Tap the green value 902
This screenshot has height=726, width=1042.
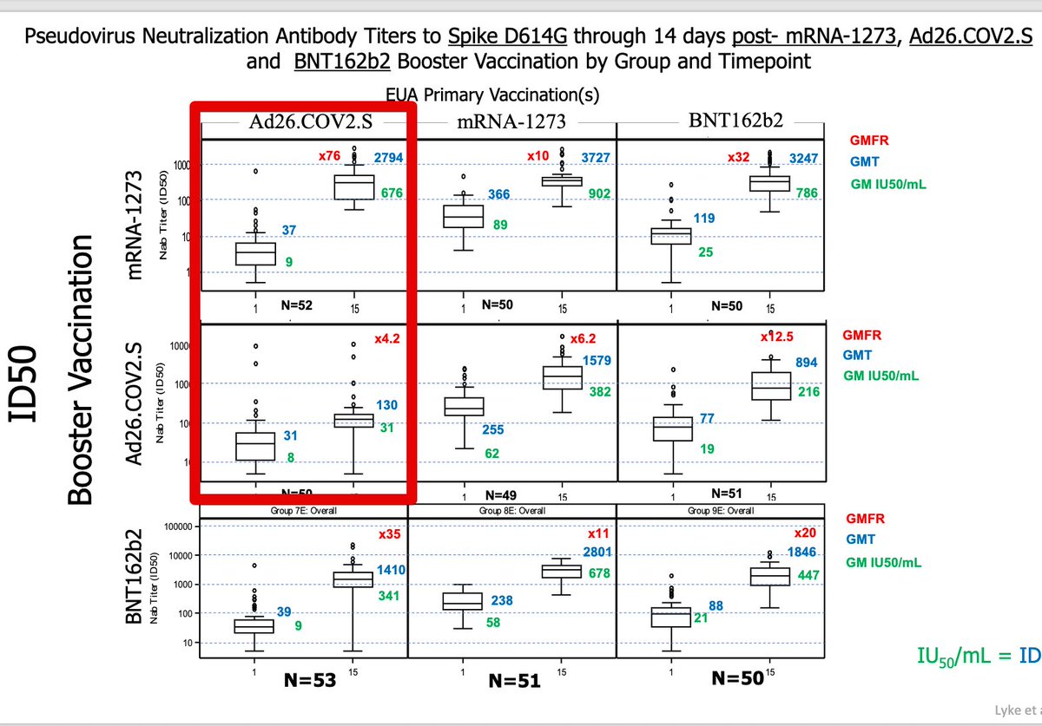pyautogui.click(x=588, y=194)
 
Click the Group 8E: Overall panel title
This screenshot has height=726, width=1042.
pyautogui.click(x=511, y=511)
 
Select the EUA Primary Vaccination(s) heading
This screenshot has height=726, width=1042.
pyautogui.click(x=492, y=93)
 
